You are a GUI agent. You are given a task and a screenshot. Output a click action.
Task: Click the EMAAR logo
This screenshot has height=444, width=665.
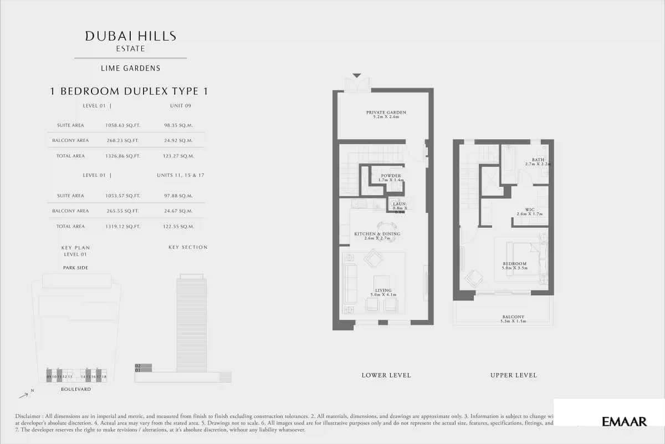click(624, 422)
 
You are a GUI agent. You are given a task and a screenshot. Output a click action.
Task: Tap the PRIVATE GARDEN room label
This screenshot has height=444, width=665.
click(386, 113)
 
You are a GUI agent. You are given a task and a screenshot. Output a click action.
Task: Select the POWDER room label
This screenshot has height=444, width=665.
click(391, 176)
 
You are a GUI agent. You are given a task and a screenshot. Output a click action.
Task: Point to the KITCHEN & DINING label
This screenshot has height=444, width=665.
click(377, 234)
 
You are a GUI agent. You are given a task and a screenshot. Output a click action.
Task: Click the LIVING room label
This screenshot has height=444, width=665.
click(383, 290)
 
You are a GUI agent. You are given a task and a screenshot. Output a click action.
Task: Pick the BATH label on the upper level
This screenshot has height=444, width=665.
click(538, 160)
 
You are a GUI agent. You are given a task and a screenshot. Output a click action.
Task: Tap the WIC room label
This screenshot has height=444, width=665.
click(529, 210)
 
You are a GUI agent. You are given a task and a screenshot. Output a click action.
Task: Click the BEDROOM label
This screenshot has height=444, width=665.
click(515, 264)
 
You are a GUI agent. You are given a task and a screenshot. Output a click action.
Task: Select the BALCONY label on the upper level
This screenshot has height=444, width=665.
click(511, 317)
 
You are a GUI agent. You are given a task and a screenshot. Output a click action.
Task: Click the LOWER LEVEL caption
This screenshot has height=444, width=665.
click(386, 375)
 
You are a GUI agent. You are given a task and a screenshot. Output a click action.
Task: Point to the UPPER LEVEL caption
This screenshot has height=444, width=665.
click(513, 375)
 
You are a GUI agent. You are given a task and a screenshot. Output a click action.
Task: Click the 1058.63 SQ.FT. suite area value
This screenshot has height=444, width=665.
click(122, 125)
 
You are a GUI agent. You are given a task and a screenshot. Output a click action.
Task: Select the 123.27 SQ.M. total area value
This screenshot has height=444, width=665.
click(179, 156)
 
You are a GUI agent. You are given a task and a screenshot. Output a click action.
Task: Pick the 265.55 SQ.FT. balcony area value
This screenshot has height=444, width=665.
click(122, 211)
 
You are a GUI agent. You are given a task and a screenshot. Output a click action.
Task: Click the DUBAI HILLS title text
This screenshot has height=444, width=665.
click(130, 37)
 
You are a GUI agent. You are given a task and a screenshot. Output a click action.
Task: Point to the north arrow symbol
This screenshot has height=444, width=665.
click(24, 395)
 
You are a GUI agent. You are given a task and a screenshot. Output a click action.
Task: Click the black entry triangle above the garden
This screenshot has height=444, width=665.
click(356, 75)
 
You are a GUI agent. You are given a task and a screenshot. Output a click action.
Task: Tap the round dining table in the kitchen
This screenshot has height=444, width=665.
click(386, 228)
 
